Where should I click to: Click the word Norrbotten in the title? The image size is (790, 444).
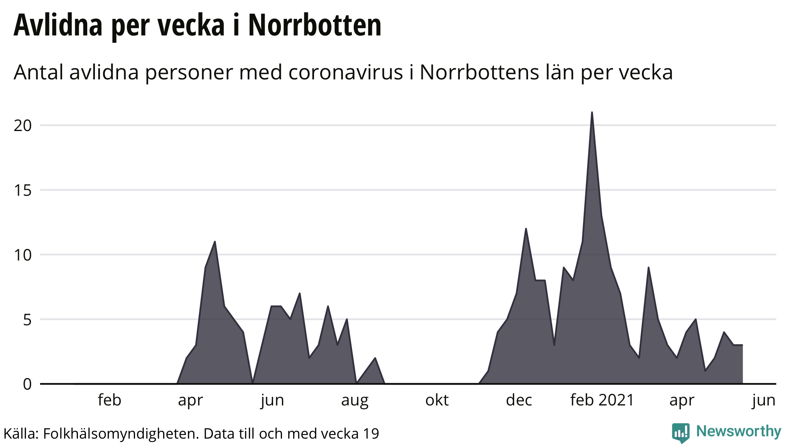pos(314,25)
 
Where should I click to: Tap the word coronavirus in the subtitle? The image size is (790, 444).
pos(346,72)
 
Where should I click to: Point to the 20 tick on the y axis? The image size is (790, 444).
pos(22,126)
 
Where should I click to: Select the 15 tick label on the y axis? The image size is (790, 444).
pos(22,190)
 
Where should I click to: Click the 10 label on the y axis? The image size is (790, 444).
pos(22,255)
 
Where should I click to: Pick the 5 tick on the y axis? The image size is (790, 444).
pos(27,320)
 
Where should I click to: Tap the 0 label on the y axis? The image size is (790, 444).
pos(27,384)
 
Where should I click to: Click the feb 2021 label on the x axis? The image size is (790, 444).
pos(602,400)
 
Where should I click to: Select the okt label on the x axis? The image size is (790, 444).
pos(437,400)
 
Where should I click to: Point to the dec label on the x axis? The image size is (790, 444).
pos(519,400)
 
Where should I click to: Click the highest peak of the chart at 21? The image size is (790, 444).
pos(592,113)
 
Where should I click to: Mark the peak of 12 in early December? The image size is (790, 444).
pos(526,229)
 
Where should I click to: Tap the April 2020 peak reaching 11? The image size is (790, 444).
pos(215,242)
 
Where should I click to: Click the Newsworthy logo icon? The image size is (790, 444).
pos(680,432)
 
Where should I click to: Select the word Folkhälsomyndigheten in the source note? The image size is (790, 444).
pos(121,434)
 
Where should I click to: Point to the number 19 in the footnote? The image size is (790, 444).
pos(371,434)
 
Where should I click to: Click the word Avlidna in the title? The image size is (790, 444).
pos(58,25)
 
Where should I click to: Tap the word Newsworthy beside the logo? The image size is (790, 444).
pos(738,431)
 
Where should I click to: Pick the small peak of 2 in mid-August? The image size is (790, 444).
pos(375,358)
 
